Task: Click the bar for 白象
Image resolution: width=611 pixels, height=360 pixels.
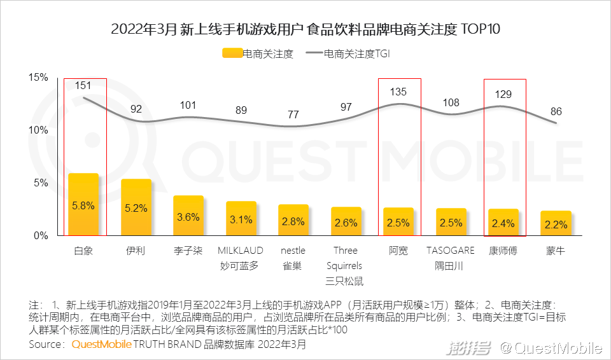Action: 83,204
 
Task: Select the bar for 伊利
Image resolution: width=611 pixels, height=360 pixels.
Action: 136,207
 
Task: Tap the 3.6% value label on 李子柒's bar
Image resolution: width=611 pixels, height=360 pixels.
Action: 188,217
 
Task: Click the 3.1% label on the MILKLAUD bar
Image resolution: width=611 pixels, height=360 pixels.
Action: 241,219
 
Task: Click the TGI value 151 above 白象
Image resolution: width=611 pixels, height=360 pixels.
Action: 83,85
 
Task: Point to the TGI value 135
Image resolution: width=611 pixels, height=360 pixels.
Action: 398,92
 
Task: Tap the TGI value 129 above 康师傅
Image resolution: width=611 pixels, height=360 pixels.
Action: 504,94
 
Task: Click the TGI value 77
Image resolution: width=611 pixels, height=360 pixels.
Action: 293,114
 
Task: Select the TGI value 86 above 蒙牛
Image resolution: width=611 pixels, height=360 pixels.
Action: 556,111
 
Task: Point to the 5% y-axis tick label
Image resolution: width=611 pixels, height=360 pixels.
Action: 41,183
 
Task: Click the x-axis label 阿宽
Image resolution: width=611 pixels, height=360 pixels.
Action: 398,251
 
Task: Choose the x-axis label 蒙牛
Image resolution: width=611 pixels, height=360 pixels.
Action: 556,251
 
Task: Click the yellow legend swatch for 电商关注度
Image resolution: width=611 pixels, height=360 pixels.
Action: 232,54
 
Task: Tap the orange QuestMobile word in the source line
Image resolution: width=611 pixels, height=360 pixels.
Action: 102,345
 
